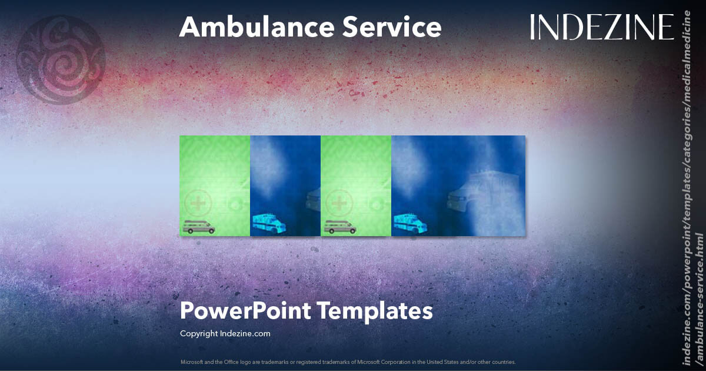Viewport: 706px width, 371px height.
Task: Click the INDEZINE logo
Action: [x=601, y=27]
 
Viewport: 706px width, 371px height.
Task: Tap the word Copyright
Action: [x=198, y=333]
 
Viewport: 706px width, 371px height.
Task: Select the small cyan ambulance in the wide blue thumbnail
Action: [x=408, y=223]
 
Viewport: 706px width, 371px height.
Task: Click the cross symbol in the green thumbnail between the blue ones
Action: [x=339, y=204]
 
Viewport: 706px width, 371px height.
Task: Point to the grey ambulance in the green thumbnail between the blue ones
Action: [x=339, y=227]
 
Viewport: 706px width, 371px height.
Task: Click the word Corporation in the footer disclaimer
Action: [x=398, y=362]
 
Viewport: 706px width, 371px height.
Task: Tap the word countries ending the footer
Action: [x=504, y=362]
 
